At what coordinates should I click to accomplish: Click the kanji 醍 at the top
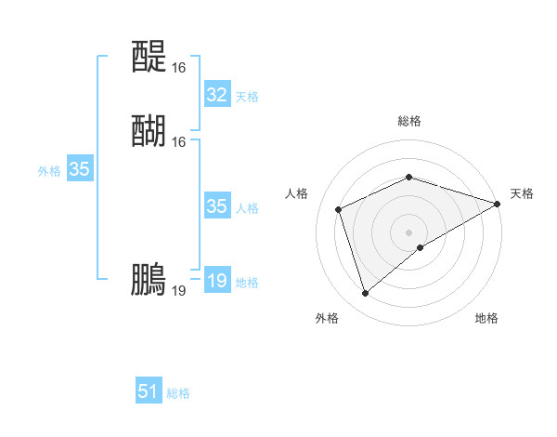149,58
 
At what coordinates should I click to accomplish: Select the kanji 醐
149,131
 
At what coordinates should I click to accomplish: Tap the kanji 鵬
149,280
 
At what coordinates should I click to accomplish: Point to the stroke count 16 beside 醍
178,68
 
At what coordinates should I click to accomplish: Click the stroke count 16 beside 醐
178,142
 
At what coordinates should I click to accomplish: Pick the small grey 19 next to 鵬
178,291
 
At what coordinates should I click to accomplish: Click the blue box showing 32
216,95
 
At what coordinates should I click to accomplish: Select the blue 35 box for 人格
216,206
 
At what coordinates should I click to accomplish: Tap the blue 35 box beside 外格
79,169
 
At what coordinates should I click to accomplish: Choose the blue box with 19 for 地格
216,281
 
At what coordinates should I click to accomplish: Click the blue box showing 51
149,391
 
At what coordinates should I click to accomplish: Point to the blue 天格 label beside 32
247,97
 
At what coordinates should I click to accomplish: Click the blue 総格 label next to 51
178,393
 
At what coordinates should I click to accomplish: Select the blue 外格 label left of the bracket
49,171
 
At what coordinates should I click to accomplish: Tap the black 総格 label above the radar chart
408,121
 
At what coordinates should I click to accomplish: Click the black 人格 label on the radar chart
297,193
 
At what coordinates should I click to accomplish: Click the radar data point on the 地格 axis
421,247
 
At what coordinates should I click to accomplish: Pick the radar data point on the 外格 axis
365,294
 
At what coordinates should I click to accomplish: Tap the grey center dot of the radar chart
408,232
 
